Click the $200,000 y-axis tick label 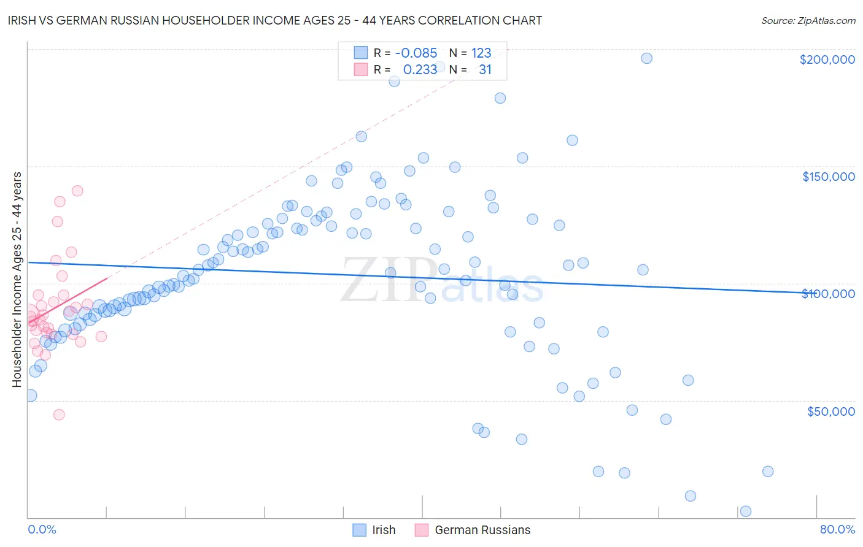point(827,59)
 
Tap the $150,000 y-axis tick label point(828,177)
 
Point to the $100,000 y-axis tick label point(828,294)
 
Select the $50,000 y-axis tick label point(830,411)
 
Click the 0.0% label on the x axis point(42,529)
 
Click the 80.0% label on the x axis point(837,529)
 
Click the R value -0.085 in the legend point(416,53)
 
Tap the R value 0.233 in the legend point(420,70)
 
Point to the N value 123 point(481,53)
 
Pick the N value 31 point(485,70)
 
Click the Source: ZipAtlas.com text point(808,20)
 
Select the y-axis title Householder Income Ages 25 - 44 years point(17,280)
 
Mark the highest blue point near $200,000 point(646,58)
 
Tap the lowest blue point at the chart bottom point(746,511)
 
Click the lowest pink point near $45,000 point(59,415)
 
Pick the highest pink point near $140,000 point(77,191)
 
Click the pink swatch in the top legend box point(360,70)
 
